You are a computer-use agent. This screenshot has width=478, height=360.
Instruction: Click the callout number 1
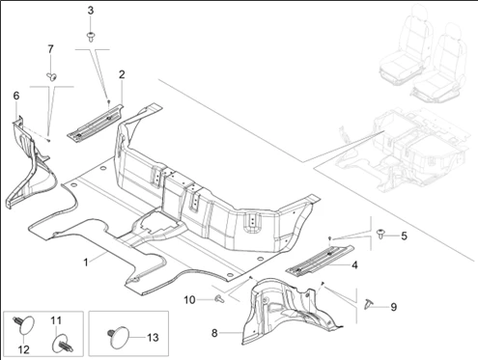point(86,263)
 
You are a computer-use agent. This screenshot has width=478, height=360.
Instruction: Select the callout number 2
point(122,74)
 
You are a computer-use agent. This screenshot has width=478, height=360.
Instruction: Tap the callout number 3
point(91,11)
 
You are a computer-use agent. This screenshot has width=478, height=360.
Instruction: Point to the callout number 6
point(16,96)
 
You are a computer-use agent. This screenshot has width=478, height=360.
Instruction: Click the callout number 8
point(214,333)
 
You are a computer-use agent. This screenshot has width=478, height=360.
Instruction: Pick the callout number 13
point(153,338)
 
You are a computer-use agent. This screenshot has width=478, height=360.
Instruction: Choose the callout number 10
point(189,300)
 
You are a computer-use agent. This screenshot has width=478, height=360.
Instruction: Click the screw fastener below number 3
point(91,37)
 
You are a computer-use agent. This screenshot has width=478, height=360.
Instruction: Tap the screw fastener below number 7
point(51,76)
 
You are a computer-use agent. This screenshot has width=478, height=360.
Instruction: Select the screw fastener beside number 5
point(381,234)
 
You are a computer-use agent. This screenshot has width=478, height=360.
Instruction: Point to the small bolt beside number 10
point(219,298)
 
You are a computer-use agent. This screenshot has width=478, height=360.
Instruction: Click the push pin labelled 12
point(23,325)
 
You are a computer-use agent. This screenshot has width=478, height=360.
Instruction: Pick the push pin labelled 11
point(62,344)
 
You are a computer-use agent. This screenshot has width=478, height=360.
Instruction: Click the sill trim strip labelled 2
point(96,122)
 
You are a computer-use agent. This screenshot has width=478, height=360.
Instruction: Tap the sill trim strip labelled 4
point(320,261)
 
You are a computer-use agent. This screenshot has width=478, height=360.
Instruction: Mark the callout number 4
point(354,265)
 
